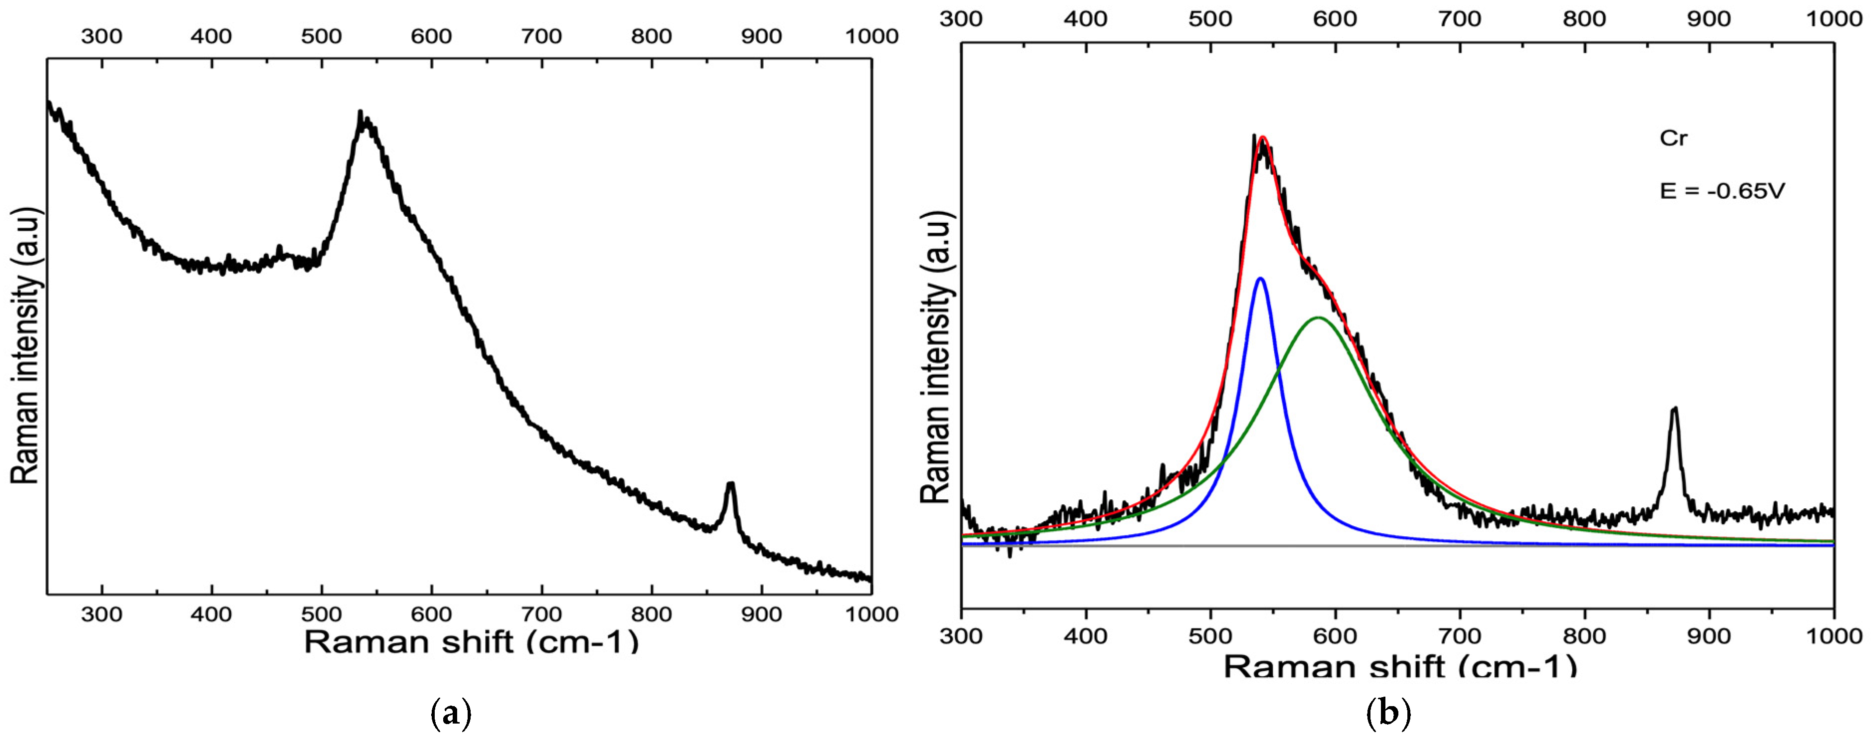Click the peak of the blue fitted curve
(1260, 279)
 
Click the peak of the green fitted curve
(1318, 318)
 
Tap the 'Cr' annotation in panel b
(1674, 138)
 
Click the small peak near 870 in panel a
(731, 484)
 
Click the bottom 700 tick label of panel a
(541, 614)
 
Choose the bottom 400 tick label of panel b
(1086, 636)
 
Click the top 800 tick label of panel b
(1584, 18)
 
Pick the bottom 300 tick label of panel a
(102, 614)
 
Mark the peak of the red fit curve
(1263, 137)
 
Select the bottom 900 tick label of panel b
(1709, 636)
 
